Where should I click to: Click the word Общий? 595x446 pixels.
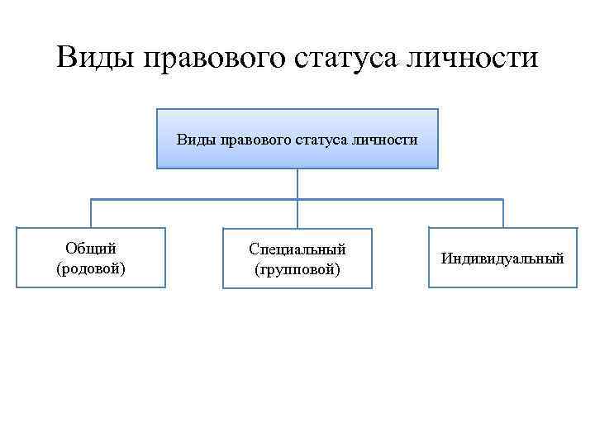[x=91, y=248]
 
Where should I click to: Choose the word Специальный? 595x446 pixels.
[x=297, y=249]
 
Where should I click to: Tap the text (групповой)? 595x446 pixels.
[x=297, y=269]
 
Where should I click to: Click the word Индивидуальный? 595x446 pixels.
[x=502, y=259]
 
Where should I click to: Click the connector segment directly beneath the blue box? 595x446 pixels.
[x=297, y=183]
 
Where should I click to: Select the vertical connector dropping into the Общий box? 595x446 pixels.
[x=91, y=213]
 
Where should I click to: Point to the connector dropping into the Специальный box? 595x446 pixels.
[x=297, y=213]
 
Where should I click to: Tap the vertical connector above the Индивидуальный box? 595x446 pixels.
[x=502, y=213]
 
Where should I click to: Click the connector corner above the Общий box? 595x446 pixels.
[x=91, y=199]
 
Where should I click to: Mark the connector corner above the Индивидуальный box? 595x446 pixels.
[x=502, y=199]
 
